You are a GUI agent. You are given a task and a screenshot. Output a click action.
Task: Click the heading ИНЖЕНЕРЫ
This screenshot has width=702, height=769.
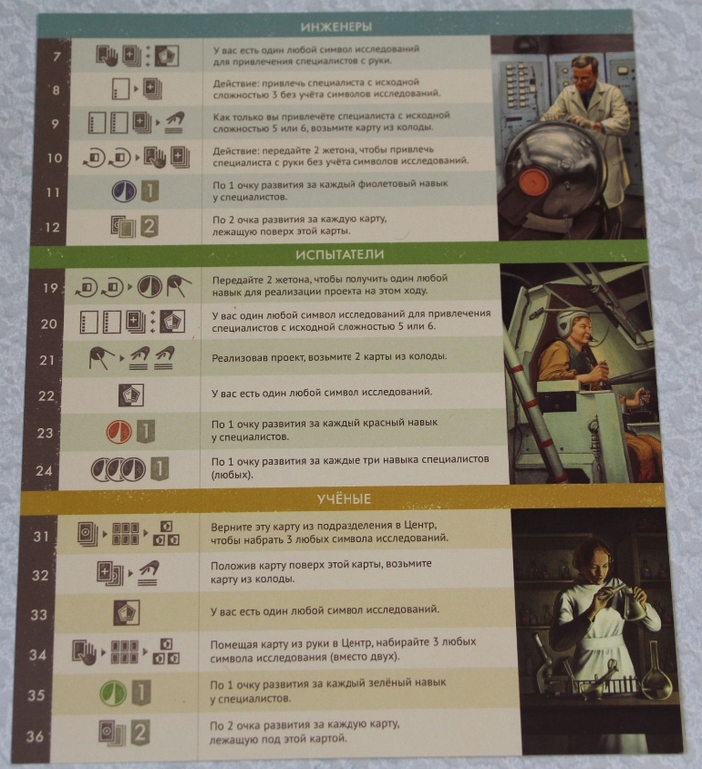(x=337, y=27)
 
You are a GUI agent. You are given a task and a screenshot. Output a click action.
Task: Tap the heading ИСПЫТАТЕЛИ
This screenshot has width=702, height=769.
(x=340, y=254)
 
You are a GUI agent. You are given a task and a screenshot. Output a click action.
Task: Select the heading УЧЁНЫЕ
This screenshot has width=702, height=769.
(x=344, y=499)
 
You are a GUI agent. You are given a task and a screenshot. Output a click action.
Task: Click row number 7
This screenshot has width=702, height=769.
(x=57, y=56)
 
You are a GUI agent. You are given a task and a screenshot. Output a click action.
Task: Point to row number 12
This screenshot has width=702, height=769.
(x=52, y=227)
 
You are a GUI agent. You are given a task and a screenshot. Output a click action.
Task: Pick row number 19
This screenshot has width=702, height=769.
(x=51, y=288)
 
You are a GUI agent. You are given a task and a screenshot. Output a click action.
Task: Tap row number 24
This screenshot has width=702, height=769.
(x=44, y=470)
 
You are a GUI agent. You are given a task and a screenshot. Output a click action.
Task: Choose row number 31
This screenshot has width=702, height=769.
(x=41, y=536)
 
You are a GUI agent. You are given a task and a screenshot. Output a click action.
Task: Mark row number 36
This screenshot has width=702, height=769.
(x=35, y=736)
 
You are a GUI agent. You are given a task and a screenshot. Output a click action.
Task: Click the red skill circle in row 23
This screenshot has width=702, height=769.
(x=119, y=432)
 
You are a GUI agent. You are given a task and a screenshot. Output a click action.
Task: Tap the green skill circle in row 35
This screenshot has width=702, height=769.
(x=113, y=693)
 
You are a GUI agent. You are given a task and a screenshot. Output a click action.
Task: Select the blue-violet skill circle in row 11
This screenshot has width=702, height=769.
(x=124, y=191)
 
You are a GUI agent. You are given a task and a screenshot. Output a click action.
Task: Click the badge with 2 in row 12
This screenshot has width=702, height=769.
(x=150, y=227)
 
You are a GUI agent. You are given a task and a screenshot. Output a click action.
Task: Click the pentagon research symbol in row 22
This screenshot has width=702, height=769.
(x=131, y=395)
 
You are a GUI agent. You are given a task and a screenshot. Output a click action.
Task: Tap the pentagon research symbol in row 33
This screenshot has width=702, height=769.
(x=127, y=613)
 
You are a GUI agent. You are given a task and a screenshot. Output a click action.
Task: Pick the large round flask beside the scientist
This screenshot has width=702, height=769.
(x=657, y=674)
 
